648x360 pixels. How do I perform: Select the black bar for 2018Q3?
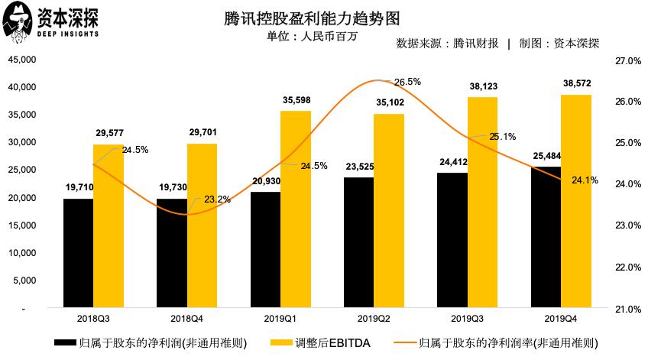[x=78, y=253]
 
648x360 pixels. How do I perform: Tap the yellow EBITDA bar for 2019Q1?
[x=296, y=209]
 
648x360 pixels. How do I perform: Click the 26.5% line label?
[x=407, y=81]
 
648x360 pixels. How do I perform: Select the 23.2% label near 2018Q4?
[x=218, y=199]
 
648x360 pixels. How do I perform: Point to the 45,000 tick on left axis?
[x=22, y=60]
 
